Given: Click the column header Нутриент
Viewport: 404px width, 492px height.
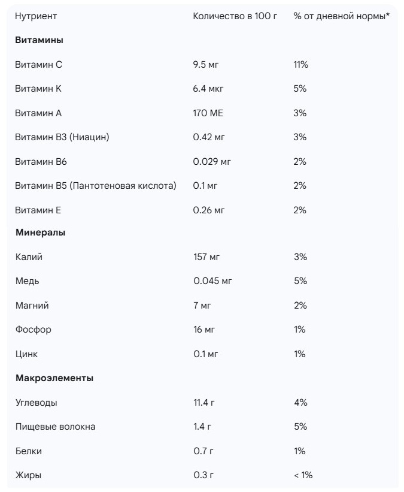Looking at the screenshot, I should pyautogui.click(x=36, y=16).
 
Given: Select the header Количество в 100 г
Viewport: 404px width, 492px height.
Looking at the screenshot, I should pyautogui.click(x=235, y=16).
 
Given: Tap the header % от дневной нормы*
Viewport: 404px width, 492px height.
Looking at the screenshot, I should pyautogui.click(x=341, y=16).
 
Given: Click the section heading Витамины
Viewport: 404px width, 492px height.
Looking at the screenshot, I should pyautogui.click(x=39, y=40).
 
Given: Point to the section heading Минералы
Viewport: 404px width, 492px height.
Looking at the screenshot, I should pyautogui.click(x=40, y=233).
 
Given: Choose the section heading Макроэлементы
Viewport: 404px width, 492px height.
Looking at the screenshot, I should pyautogui.click(x=54, y=378).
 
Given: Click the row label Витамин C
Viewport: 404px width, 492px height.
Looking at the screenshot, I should pyautogui.click(x=38, y=65).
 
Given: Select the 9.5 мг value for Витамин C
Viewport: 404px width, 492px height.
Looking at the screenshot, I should pyautogui.click(x=206, y=65).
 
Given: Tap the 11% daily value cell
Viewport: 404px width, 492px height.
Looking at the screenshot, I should pyautogui.click(x=300, y=65).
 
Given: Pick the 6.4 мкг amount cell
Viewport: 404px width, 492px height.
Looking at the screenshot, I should pyautogui.click(x=209, y=89).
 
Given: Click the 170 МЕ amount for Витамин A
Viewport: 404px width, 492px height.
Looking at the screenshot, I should pyautogui.click(x=208, y=113).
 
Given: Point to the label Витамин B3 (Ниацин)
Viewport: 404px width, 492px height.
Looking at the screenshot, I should pyautogui.click(x=62, y=137).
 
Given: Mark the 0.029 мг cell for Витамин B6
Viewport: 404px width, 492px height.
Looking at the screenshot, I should pyautogui.click(x=212, y=162).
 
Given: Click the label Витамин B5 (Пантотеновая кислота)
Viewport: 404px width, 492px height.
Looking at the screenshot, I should pyautogui.click(x=96, y=186).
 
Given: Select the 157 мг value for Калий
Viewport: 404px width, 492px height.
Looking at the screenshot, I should pyautogui.click(x=206, y=257).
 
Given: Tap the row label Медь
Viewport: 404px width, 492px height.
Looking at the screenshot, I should pyautogui.click(x=28, y=281).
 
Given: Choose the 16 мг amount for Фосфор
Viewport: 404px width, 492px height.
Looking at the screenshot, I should pyautogui.click(x=204, y=330).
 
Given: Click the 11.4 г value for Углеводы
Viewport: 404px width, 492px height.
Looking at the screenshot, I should pyautogui.click(x=203, y=403).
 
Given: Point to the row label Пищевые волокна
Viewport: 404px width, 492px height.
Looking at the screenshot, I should pyautogui.click(x=55, y=427).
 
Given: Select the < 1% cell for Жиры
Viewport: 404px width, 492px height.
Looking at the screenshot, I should pyautogui.click(x=303, y=475).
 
